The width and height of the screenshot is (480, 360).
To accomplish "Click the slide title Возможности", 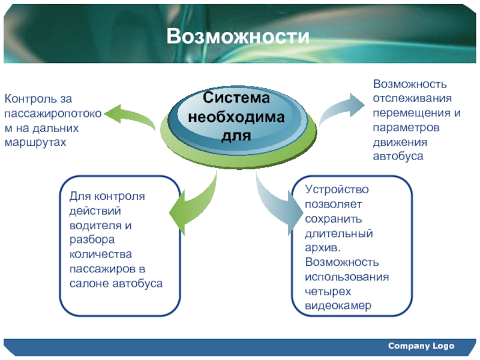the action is (x=238, y=36).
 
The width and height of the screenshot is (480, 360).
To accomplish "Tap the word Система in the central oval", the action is (x=236, y=98).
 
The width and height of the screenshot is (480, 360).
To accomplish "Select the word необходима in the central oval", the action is (x=236, y=116).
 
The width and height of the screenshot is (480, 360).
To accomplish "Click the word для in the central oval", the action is (x=236, y=136).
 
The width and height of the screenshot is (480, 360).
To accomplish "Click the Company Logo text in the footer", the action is (x=421, y=346).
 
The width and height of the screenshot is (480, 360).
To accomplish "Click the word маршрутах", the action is (x=35, y=143).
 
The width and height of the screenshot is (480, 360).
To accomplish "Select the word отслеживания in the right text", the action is (x=412, y=98).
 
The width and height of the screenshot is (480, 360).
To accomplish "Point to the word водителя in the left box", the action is (x=95, y=226).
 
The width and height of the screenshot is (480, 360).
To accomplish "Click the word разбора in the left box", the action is (x=92, y=239).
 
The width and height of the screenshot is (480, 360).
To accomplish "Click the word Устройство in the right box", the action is (x=337, y=190).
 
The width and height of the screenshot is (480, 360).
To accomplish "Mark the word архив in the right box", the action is (x=322, y=248).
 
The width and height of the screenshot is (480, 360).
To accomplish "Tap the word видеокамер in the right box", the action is (x=338, y=305).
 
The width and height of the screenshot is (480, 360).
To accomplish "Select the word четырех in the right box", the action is (x=328, y=292).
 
